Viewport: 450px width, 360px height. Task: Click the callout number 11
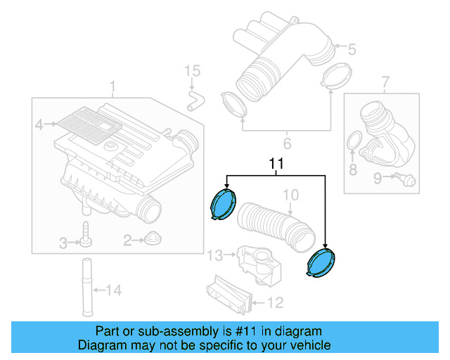(x=276, y=164)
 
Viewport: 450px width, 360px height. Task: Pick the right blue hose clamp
(x=321, y=264)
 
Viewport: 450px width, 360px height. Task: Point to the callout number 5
(x=352, y=49)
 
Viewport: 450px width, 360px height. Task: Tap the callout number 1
(x=112, y=86)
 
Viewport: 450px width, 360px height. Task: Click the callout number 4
(x=39, y=125)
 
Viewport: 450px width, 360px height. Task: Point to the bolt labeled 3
(x=86, y=235)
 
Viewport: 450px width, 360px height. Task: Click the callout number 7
(x=385, y=85)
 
